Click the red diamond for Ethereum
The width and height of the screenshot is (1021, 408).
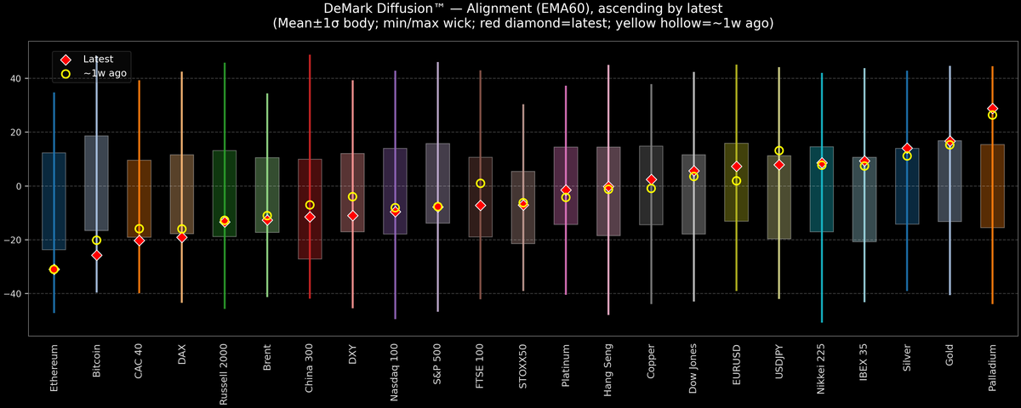click(x=54, y=269)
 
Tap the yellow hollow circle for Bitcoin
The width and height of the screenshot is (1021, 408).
click(x=96, y=241)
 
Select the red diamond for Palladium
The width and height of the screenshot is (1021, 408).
click(x=992, y=109)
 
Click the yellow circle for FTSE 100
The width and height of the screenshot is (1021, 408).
click(x=480, y=184)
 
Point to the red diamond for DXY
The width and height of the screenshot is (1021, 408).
click(x=352, y=216)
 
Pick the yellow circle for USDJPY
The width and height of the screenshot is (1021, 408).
click(x=779, y=150)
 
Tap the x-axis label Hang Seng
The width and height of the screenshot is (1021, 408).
click(x=608, y=361)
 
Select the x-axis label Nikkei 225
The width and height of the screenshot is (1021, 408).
click(x=821, y=363)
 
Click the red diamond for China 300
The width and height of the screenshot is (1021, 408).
click(x=310, y=217)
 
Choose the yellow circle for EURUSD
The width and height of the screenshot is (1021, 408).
click(x=736, y=181)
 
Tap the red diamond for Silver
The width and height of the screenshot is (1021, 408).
click(x=907, y=148)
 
